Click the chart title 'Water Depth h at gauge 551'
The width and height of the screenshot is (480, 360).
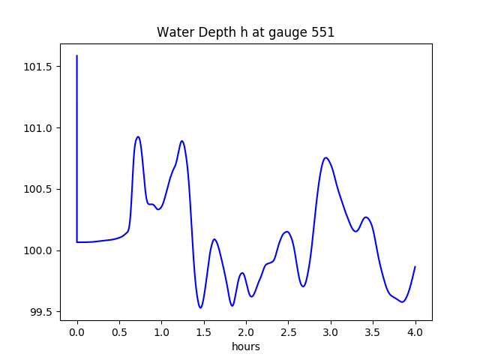coord(245,32)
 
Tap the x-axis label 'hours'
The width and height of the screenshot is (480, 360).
coord(245,347)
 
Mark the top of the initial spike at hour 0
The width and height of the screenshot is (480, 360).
coord(77,55)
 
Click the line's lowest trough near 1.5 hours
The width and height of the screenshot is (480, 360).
coord(200,307)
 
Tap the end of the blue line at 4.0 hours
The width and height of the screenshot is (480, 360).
coord(415,266)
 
